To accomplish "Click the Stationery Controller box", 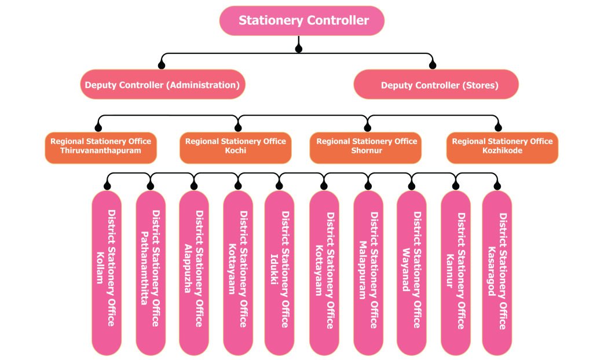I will coord(302,21).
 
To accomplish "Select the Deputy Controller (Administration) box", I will coord(163,85).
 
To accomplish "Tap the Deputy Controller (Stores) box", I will coord(436,85).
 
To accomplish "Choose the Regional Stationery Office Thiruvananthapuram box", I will coord(101,147).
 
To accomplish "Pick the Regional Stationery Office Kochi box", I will coord(236,147).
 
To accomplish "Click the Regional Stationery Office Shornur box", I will coord(366,147).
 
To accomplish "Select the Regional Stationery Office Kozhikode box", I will coord(503,147).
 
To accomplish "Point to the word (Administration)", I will coord(203,85).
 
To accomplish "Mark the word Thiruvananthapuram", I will coord(101,151).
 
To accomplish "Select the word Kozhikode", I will coord(503,151).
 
